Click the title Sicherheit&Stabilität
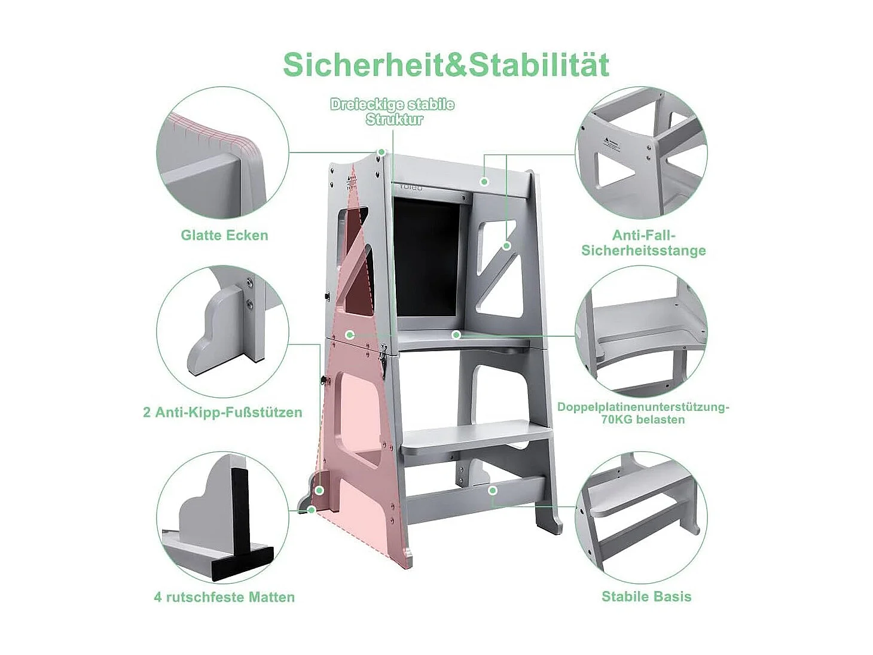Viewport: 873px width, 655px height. pos(446,65)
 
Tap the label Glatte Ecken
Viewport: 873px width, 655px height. pos(224,235)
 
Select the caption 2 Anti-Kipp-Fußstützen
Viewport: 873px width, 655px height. pos(222,412)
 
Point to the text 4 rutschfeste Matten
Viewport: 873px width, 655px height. pos(224,596)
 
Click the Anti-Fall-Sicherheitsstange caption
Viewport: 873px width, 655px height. pos(643,243)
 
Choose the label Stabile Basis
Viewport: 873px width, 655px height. pos(646,596)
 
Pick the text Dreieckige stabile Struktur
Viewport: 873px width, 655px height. pos(392,112)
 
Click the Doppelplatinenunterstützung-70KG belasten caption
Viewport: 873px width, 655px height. pos(643,413)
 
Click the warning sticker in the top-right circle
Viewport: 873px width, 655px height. pos(615,144)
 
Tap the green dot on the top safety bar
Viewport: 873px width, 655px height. pos(484,181)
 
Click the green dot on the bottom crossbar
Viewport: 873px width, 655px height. pos(492,491)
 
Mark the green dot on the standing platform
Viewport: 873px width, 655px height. pos(456,334)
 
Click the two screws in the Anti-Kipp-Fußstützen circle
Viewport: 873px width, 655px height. pos(248,293)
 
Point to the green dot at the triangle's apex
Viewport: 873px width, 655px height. pos(380,152)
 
